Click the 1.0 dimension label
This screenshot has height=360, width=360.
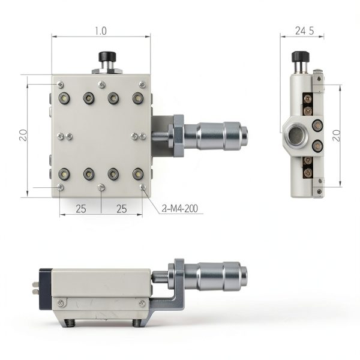point(101,31)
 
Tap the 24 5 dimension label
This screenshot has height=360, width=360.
point(304,31)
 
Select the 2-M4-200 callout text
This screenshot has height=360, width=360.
point(180,208)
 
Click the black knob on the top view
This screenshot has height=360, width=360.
point(107,56)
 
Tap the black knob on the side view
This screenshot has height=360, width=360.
point(301,57)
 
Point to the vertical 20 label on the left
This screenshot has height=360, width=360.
point(23,135)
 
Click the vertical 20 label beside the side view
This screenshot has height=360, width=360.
point(337,136)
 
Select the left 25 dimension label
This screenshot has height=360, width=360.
point(81,209)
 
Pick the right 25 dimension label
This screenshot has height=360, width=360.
point(121,209)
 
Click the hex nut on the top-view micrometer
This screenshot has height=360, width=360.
point(179,136)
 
